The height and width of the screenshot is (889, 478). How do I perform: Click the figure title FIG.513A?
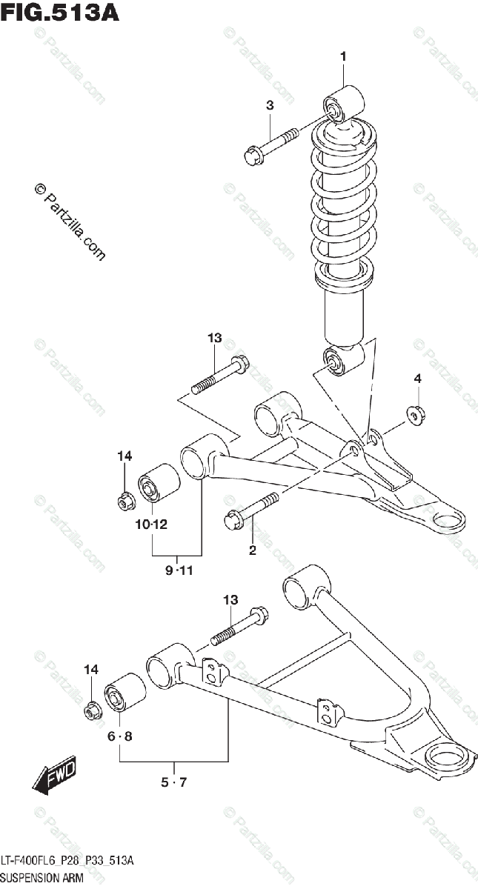point(59,13)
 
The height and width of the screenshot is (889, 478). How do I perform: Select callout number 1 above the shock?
point(343,56)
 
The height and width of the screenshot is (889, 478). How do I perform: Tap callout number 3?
point(270,106)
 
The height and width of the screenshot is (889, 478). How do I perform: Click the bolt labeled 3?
point(270,146)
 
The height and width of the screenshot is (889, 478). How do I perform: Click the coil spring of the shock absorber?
point(340,207)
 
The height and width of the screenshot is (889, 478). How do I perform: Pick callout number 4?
point(417,379)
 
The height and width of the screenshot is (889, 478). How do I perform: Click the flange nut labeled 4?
point(416,414)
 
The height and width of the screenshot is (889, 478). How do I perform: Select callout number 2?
point(252,549)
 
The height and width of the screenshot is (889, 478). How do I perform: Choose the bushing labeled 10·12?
point(159,483)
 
